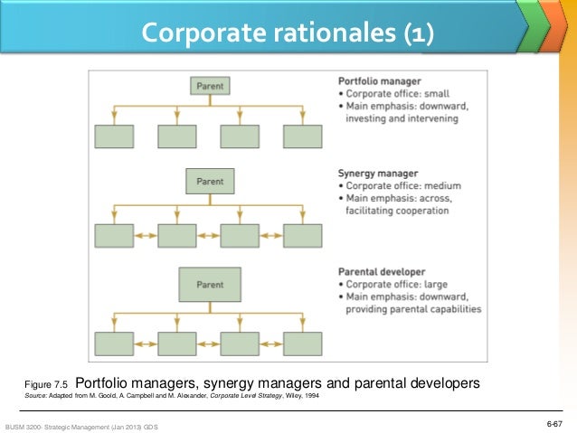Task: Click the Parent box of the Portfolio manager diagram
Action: [210, 86]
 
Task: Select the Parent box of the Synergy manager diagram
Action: [210, 182]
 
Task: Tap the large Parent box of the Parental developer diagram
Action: [210, 285]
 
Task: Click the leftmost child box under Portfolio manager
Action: [114, 136]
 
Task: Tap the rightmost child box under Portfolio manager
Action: [302, 136]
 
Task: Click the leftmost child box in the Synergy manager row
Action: [114, 235]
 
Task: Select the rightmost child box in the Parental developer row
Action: [302, 343]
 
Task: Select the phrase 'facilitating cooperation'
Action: [397, 211]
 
